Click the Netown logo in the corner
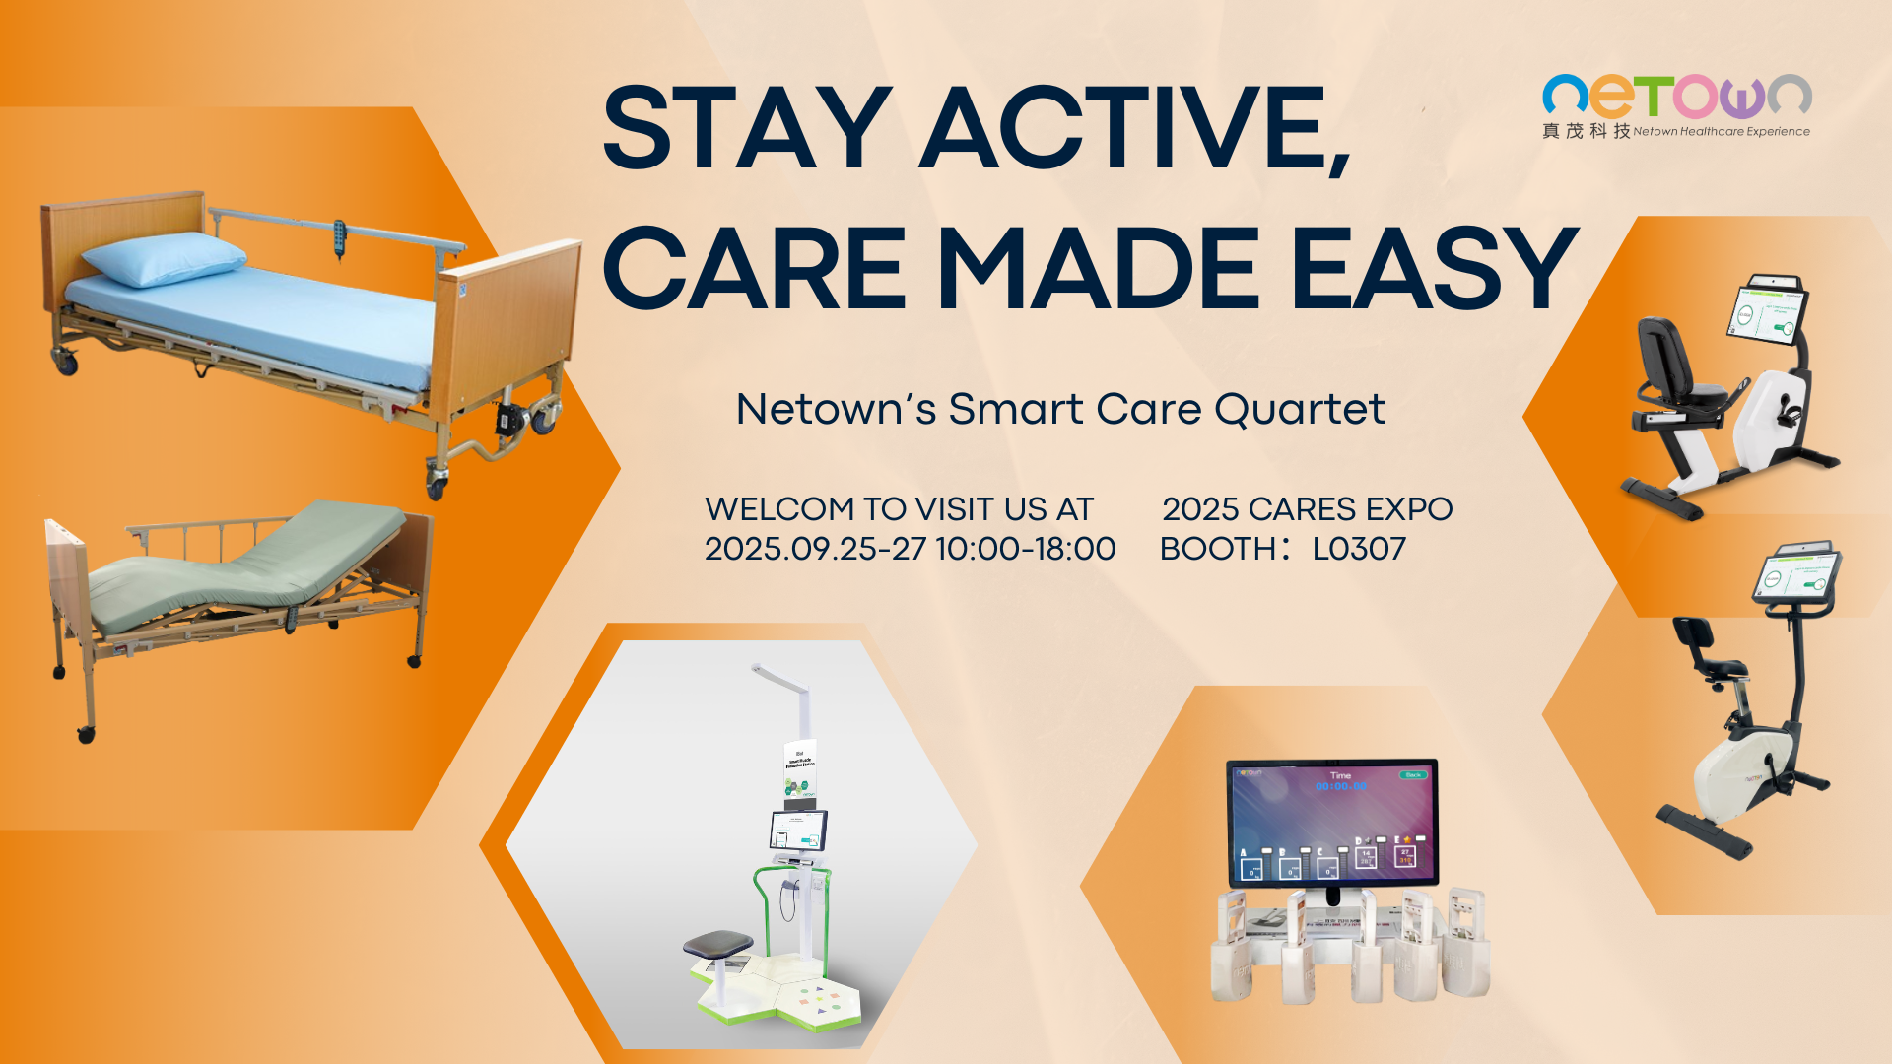(1676, 97)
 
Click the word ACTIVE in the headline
(1133, 128)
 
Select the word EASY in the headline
(1434, 268)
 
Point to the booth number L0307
(1359, 549)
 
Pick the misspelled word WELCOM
(779, 509)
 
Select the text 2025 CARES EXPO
(1307, 509)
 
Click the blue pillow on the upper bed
(163, 258)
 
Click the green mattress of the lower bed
(246, 571)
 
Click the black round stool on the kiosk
(717, 944)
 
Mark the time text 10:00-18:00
(1025, 549)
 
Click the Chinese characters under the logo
(1586, 131)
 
